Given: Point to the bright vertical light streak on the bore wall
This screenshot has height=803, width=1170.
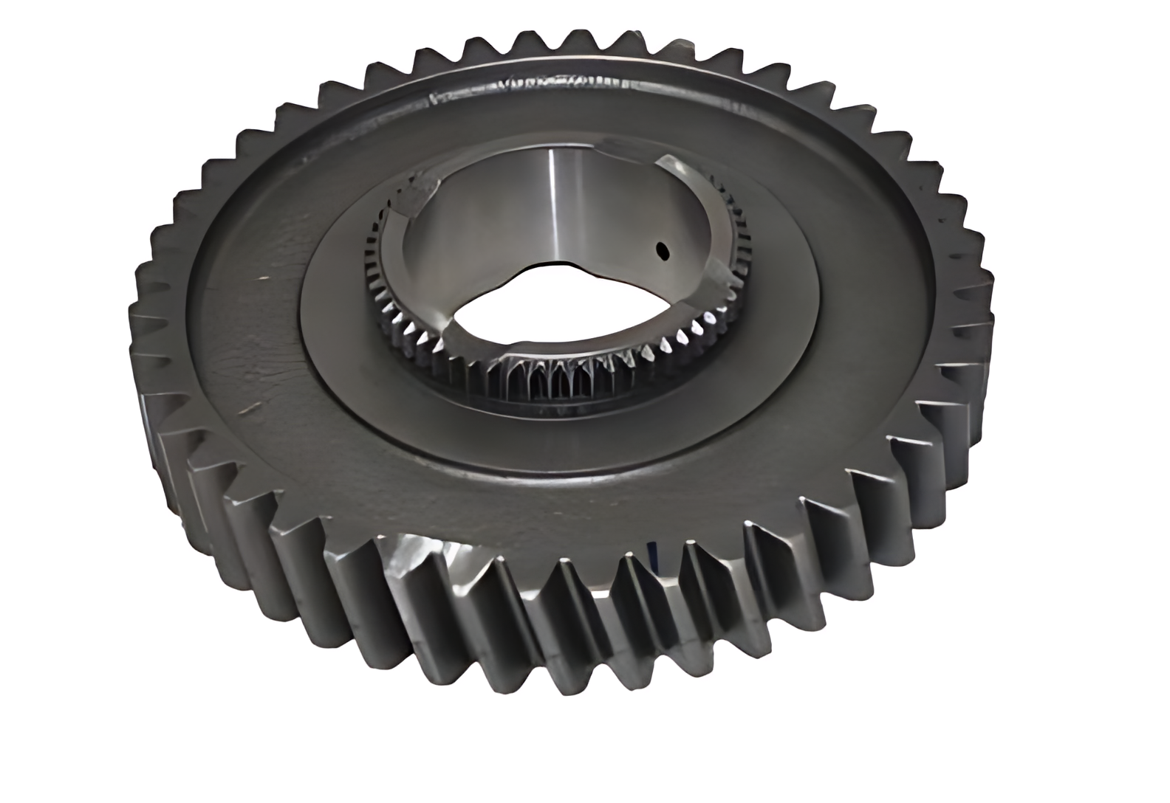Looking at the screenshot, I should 552,199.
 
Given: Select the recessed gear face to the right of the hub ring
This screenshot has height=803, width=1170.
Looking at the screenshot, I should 864,295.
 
